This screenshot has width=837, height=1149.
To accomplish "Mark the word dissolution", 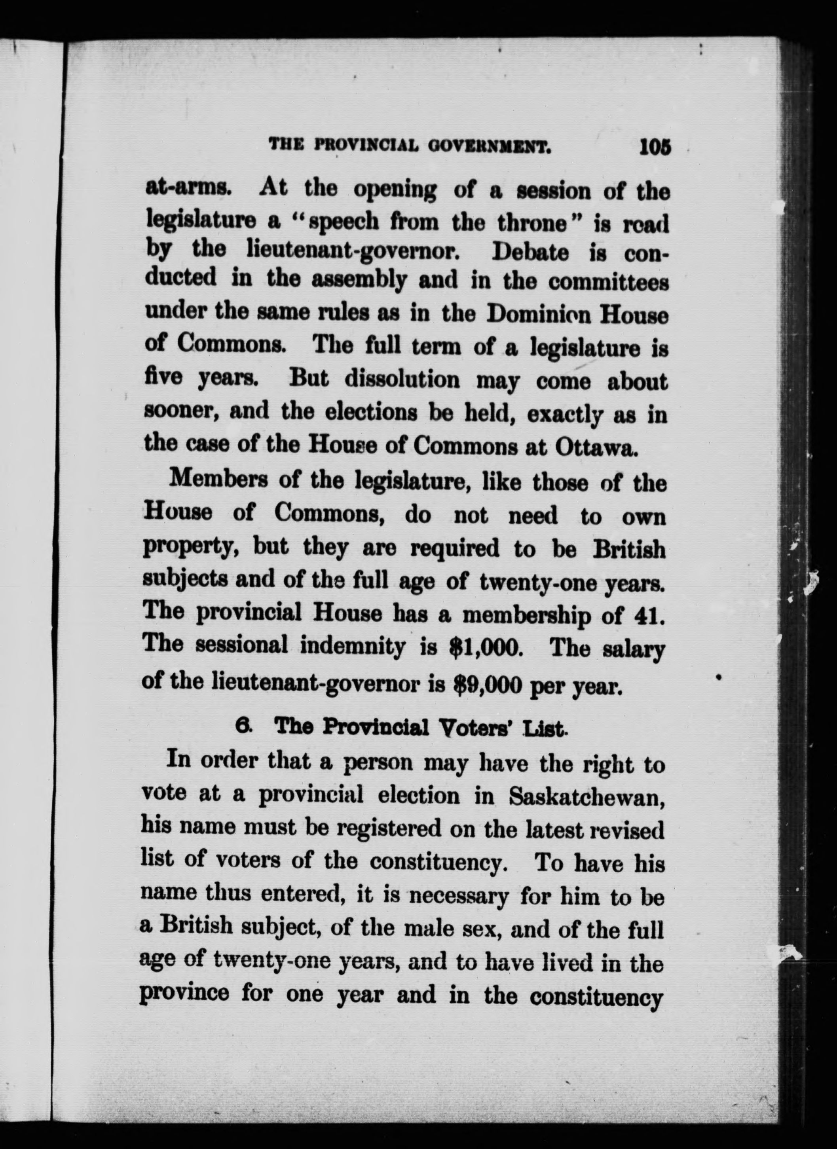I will pyautogui.click(x=402, y=381).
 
